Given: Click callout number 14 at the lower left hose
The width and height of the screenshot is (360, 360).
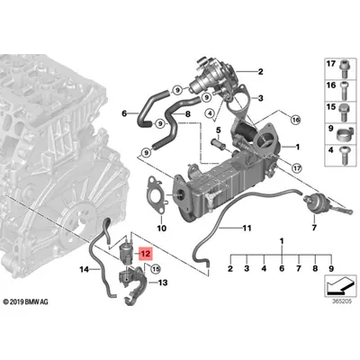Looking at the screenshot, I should click(x=83, y=269).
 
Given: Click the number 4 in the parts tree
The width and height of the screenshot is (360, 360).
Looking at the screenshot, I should click(x=262, y=269).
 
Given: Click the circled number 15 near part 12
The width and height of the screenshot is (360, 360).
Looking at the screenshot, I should click(x=154, y=268).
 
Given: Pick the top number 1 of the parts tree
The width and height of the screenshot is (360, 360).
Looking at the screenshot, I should click(x=280, y=241).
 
